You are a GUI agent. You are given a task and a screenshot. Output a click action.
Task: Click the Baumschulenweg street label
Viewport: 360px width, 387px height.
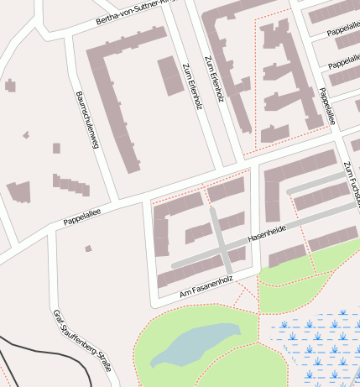[x=87, y=119]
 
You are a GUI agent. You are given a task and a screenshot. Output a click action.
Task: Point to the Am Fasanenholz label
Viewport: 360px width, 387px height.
[x=205, y=286]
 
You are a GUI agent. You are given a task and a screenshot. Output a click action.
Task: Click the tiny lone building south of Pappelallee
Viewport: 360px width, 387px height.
[x=88, y=248]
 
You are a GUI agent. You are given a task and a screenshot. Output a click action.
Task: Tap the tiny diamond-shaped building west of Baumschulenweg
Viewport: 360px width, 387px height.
[x=26, y=134]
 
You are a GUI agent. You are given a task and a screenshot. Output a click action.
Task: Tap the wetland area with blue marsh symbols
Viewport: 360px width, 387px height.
[x=323, y=344]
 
